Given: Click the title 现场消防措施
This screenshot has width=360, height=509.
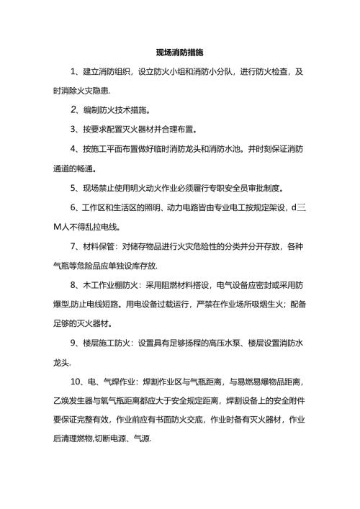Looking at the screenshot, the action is (x=179, y=53).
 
